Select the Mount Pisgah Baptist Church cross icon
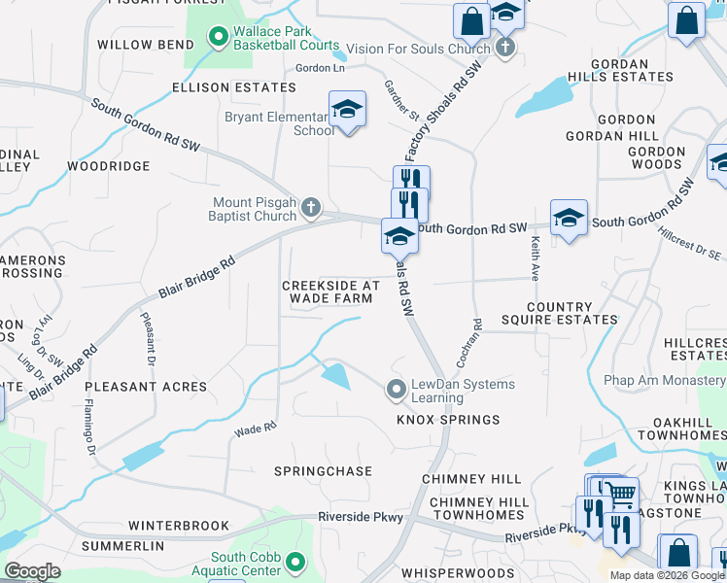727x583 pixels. pyautogui.click(x=310, y=206)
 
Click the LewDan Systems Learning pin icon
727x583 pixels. pyautogui.click(x=396, y=390)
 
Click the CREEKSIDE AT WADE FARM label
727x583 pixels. pyautogui.click(x=330, y=292)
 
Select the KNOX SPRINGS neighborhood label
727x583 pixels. pyautogui.click(x=447, y=420)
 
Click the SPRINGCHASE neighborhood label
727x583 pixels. pyautogui.click(x=323, y=471)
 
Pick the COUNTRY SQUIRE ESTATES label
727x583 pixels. pyautogui.click(x=560, y=313)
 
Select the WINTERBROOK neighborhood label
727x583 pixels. pyautogui.click(x=184, y=526)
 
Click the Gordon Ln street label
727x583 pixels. pyautogui.click(x=320, y=67)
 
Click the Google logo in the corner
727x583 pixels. pyautogui.click(x=32, y=570)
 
